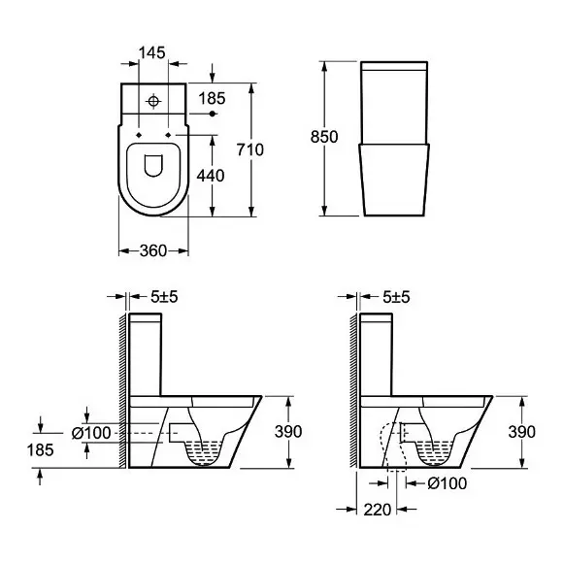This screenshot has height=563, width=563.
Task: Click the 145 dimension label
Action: [x=151, y=52]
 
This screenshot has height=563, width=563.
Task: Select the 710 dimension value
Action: [x=249, y=149]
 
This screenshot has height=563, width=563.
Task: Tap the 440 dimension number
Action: [x=211, y=176]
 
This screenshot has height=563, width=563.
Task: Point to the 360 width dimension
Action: [x=153, y=250]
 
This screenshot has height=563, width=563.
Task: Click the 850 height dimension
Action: [x=324, y=137]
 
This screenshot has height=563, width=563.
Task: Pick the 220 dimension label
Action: [x=378, y=510]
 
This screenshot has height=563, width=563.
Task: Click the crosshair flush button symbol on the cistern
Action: [x=153, y=101]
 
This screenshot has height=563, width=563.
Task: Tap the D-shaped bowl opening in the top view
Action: [x=153, y=166]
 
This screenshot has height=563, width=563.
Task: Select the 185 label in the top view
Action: [x=212, y=98]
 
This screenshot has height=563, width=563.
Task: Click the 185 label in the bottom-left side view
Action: [x=40, y=449]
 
